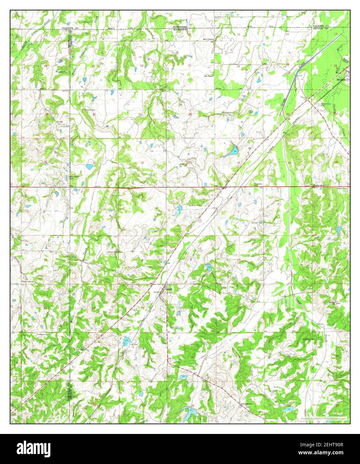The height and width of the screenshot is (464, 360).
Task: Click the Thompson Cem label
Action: (43, 334)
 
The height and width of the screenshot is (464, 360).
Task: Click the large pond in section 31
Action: (89, 166)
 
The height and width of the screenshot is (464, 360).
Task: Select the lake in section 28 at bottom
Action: (189, 413)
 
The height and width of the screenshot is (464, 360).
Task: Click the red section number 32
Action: (142, 163)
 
